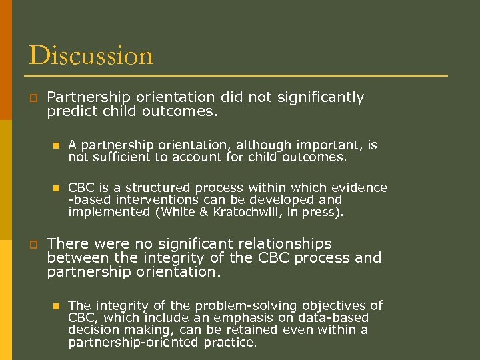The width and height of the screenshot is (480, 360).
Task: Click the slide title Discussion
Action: (91, 55)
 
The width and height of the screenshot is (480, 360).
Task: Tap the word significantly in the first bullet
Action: (315, 97)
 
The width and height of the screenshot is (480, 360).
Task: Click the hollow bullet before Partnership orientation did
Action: (32, 97)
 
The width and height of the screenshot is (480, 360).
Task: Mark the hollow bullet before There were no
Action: (32, 244)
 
